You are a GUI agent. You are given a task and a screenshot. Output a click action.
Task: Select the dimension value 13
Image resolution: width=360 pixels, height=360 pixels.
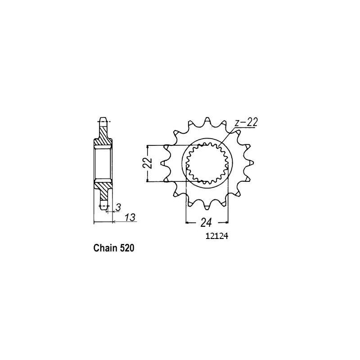point(130,218)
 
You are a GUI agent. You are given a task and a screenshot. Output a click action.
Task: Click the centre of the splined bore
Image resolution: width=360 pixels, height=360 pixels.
point(207,163)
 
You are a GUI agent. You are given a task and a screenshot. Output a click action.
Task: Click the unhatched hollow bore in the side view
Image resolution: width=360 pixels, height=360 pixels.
point(103,163)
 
